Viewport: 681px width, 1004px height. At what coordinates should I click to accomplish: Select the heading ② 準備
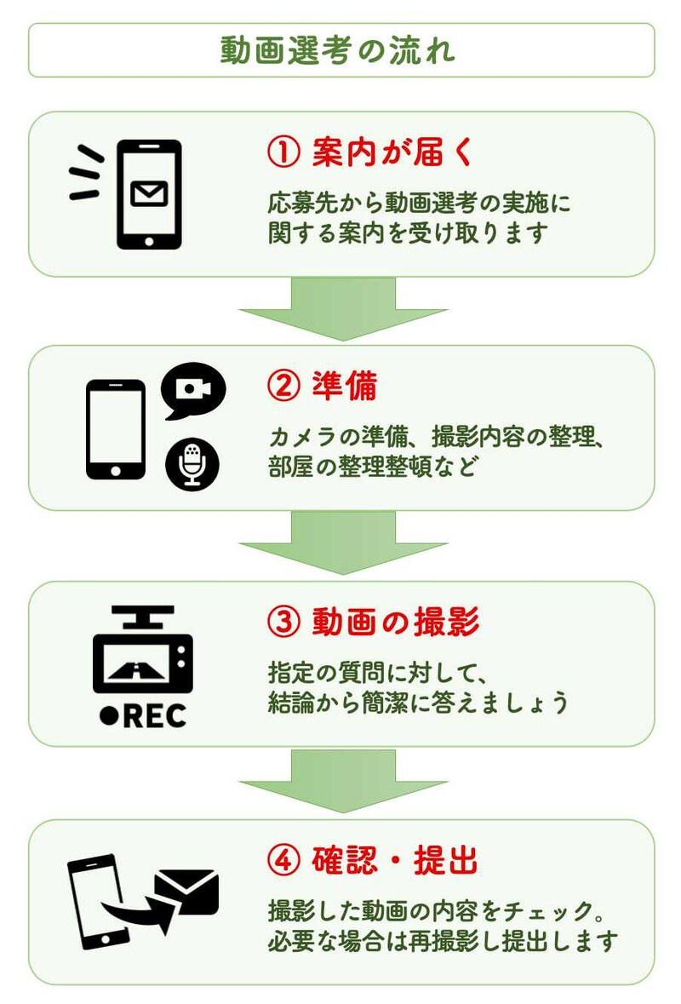[323, 388]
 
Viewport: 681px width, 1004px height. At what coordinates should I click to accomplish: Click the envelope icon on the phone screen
[149, 194]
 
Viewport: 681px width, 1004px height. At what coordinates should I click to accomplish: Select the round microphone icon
[192, 464]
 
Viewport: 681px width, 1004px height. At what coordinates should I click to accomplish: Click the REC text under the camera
[144, 716]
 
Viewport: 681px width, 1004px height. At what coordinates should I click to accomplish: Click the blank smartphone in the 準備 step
[117, 429]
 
